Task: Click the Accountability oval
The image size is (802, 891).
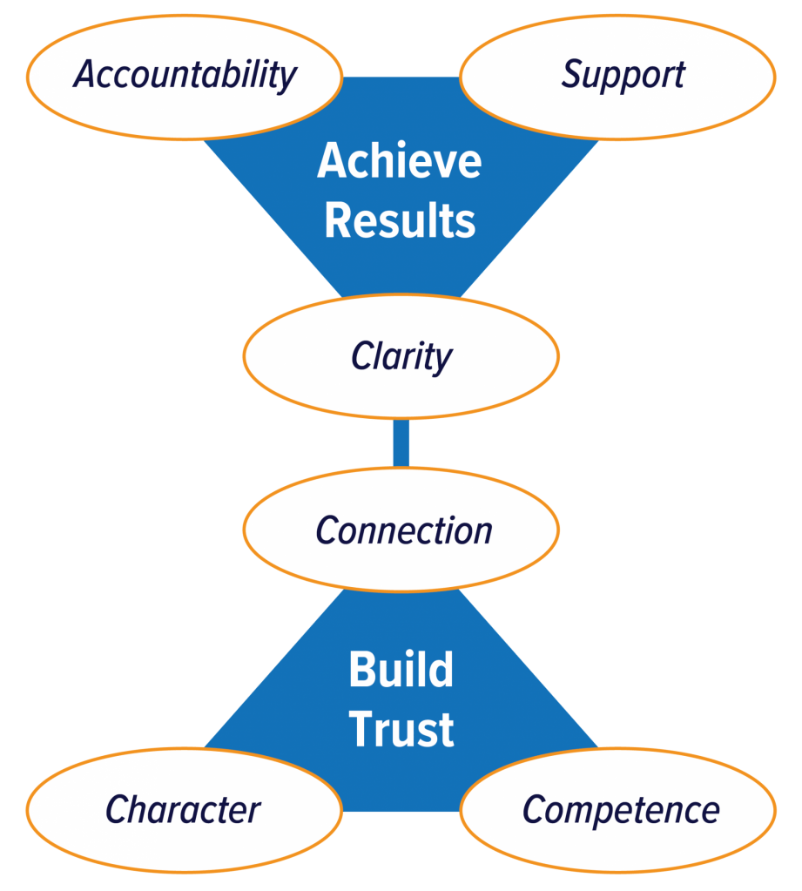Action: click(x=185, y=77)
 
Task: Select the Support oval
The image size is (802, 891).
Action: click(x=617, y=77)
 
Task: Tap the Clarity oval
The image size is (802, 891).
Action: click(x=401, y=356)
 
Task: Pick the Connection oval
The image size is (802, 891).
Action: click(x=401, y=530)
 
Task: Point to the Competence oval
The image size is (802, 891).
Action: click(x=618, y=810)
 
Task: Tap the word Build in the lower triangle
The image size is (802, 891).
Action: click(x=401, y=670)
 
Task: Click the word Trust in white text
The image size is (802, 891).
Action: click(x=401, y=729)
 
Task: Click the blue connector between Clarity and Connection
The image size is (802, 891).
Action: click(x=401, y=442)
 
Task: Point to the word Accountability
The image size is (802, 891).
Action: click(x=185, y=76)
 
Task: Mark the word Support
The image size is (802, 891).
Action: click(x=623, y=76)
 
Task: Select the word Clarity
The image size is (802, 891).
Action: click(x=401, y=357)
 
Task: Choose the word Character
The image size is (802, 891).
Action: click(x=183, y=810)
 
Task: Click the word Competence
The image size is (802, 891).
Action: click(x=621, y=811)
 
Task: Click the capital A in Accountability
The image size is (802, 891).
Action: click(x=84, y=75)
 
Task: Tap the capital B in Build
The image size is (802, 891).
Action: click(x=362, y=670)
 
